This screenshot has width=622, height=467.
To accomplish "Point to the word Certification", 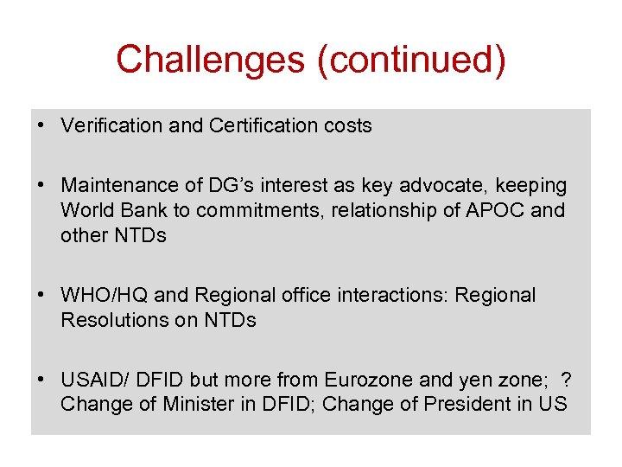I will pos(261,125).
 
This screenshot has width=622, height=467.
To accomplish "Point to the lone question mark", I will pos(567,380).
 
